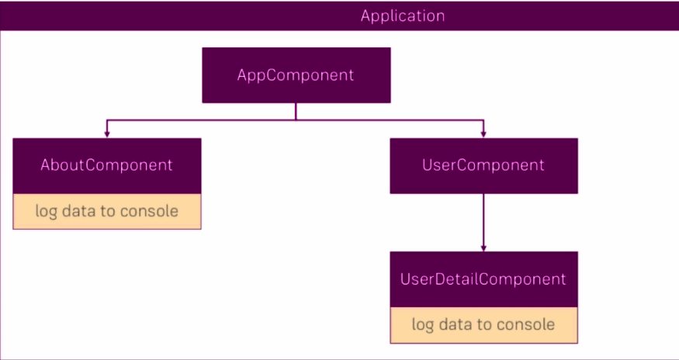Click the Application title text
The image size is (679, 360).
click(x=402, y=16)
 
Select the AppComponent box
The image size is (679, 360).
click(x=296, y=75)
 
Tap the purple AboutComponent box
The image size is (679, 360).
click(x=106, y=165)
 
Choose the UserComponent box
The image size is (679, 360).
click(x=483, y=165)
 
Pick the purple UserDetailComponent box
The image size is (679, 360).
click(x=483, y=279)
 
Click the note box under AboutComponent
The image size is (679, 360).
click(x=106, y=211)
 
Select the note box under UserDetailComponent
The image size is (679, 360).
click(x=483, y=324)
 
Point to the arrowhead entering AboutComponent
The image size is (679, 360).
click(x=107, y=134)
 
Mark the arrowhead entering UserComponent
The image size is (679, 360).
click(x=483, y=134)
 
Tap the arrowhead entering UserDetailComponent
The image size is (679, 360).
click(x=483, y=247)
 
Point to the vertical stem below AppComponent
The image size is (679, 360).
click(x=296, y=112)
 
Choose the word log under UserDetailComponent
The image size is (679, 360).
click(x=423, y=324)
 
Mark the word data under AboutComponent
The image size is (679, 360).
click(x=78, y=211)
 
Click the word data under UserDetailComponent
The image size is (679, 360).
click(x=456, y=324)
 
